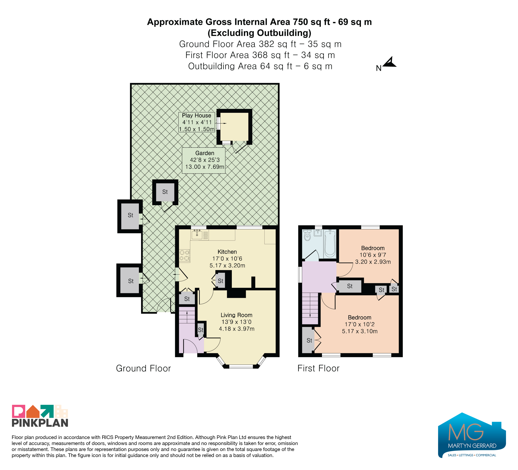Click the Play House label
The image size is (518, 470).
pyautogui.click(x=197, y=122)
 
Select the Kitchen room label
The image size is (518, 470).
pyautogui.click(x=227, y=258)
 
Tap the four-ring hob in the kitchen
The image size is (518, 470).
pyautogui.click(x=184, y=256)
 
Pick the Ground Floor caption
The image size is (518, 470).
pyautogui.click(x=143, y=368)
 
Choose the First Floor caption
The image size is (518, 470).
pyautogui.click(x=318, y=368)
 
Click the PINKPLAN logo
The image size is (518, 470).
pyautogui.click(x=40, y=416)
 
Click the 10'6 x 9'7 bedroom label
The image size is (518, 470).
pyautogui.click(x=373, y=255)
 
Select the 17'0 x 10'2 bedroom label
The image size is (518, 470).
pyautogui.click(x=360, y=324)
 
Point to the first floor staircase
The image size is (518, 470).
pyautogui.click(x=310, y=309)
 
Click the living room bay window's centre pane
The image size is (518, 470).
pyautogui.click(x=241, y=366)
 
